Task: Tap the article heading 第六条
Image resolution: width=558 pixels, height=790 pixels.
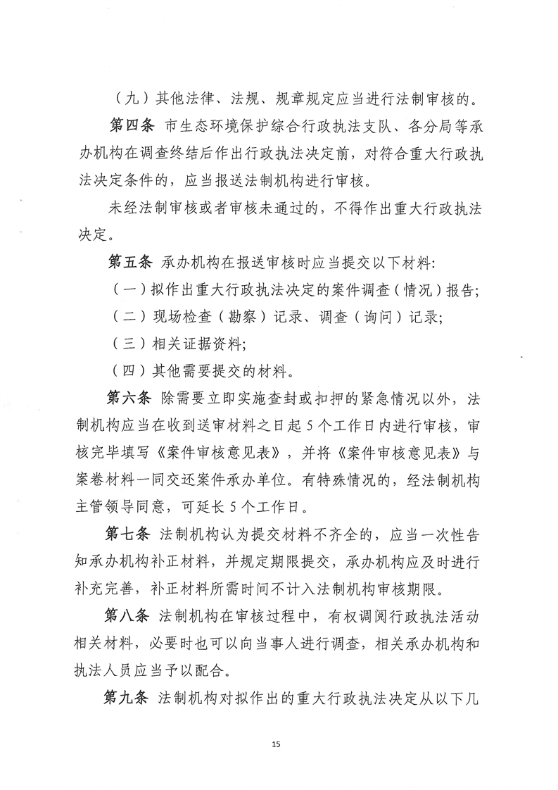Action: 130,400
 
